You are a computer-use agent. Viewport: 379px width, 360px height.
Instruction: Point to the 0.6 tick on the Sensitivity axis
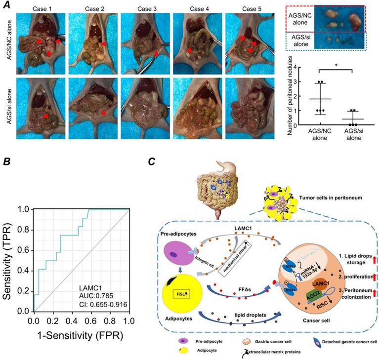click(x=24, y=250)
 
